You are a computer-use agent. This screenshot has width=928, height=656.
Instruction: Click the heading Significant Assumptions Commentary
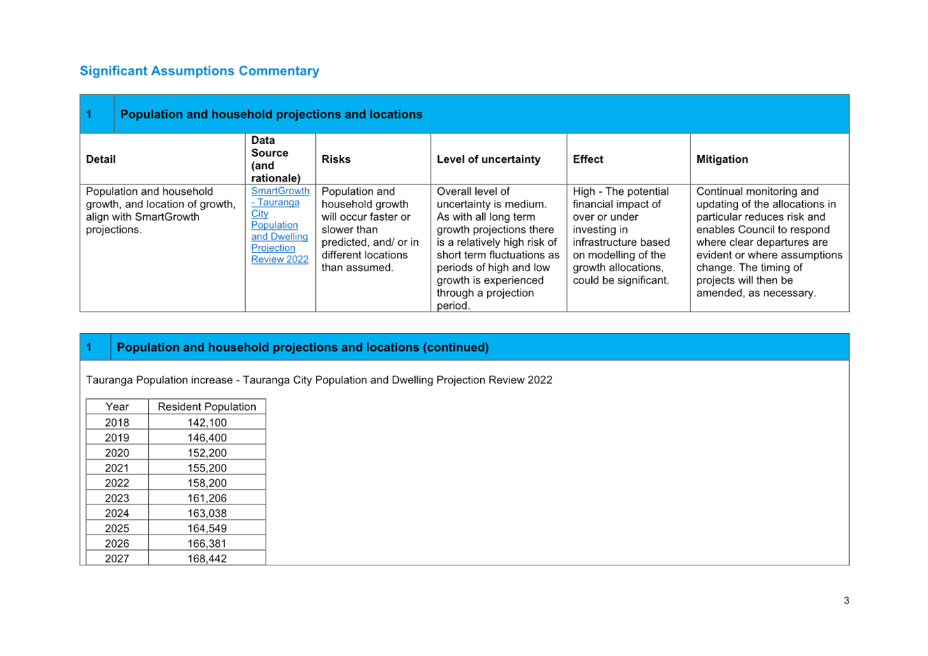199,71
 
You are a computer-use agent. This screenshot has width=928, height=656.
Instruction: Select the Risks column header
336,159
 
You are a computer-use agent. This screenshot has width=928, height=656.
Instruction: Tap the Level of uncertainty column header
488,159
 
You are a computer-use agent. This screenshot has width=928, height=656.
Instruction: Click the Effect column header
588,159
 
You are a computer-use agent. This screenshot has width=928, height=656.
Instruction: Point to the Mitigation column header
722,159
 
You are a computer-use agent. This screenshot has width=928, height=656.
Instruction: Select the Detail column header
101,159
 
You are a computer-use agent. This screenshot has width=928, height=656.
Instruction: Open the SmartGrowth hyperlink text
280,191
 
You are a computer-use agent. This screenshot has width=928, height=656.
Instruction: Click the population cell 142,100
207,423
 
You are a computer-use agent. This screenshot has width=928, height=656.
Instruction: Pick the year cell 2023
117,498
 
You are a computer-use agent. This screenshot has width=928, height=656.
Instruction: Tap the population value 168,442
207,558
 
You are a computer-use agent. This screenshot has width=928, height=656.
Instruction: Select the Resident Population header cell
207,407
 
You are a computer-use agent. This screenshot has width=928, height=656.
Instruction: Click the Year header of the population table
117,407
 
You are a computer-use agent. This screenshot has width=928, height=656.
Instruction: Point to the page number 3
846,601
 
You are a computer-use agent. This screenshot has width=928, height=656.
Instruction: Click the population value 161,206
207,498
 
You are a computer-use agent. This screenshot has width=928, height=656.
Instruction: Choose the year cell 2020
117,453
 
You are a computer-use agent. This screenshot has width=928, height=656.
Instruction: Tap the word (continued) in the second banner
456,347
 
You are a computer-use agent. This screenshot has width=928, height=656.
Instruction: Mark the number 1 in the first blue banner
89,115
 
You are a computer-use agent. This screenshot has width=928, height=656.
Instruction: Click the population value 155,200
207,467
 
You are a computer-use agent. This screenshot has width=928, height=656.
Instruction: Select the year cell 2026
117,544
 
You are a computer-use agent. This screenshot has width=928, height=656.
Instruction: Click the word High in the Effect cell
583,191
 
